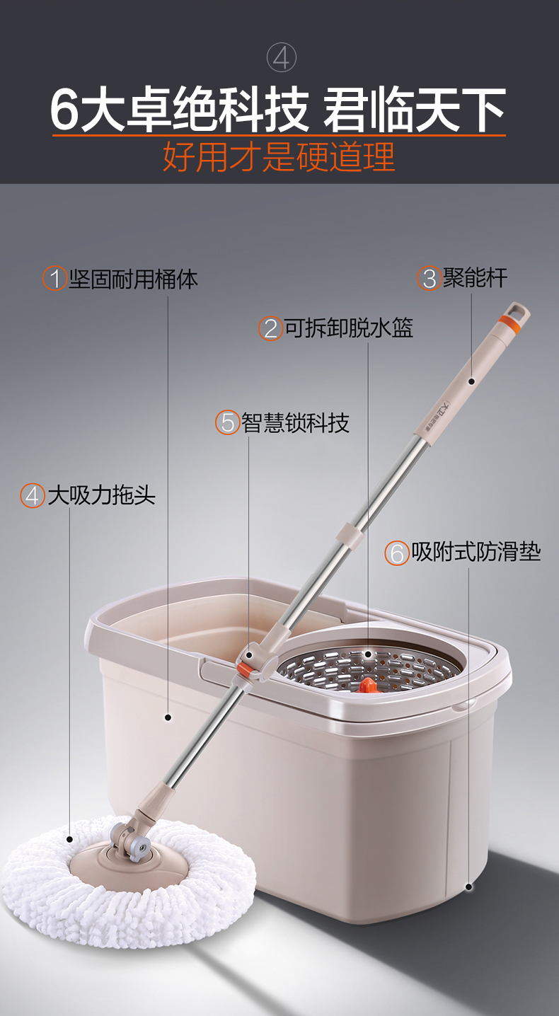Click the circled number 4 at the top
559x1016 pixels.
[282, 57]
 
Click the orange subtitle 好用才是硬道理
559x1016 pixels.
[279, 157]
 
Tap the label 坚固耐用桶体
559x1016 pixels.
[134, 279]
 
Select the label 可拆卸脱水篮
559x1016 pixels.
[349, 328]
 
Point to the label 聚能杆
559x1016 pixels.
[475, 277]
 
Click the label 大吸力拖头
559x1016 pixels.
[102, 495]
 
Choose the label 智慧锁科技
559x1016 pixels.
[295, 422]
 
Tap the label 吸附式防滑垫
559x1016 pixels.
[476, 552]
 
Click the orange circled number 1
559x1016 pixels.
[55, 279]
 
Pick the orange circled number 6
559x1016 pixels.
[397, 553]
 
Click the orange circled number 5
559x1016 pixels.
[227, 422]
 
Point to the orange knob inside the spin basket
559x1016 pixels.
[368, 685]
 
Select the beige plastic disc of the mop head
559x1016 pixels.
[127, 866]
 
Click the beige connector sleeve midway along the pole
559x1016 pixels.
[350, 532]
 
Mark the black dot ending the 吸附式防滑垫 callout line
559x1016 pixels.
[468, 887]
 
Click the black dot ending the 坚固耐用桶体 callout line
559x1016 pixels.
[168, 717]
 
